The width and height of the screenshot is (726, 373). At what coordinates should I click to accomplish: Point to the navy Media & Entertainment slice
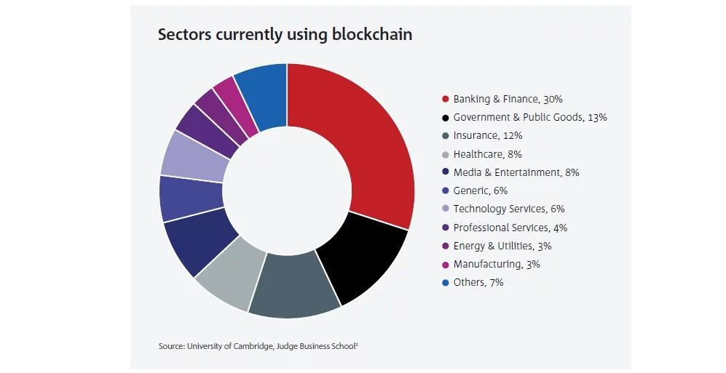coord(197,244)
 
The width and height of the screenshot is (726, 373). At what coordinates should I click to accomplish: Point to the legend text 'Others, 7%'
coord(478,282)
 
